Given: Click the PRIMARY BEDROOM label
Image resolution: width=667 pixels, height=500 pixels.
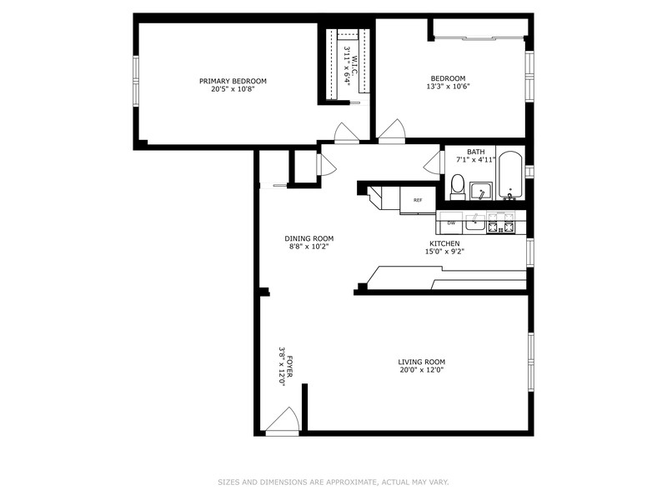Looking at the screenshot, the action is [233, 81].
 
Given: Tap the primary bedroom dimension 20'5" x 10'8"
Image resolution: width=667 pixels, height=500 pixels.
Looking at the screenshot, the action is [233, 90].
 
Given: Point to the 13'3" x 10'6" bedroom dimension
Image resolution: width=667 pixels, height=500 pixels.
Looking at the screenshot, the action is [448, 87].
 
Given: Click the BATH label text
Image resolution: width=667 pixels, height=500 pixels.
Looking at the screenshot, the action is [475, 152].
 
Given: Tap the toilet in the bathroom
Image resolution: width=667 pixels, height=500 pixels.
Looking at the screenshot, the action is [458, 187].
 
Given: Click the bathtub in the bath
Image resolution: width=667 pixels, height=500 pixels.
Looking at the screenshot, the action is [510, 176].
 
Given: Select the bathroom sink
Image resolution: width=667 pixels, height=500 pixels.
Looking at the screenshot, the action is [481, 191].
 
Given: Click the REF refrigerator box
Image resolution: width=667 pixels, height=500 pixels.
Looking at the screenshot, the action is [419, 200].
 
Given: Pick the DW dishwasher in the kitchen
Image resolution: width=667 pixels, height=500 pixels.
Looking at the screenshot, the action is [451, 222].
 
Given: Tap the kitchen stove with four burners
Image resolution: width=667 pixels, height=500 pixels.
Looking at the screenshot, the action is [501, 222].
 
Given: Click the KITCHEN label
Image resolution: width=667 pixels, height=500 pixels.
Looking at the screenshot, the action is [444, 243].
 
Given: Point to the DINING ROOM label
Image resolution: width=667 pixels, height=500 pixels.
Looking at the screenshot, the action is [308, 238].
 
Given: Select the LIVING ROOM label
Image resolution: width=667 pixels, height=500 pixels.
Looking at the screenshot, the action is [422, 362].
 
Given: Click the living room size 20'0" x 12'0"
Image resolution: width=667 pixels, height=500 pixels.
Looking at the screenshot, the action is [422, 370].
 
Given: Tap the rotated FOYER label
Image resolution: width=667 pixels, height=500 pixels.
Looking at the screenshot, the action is [289, 366].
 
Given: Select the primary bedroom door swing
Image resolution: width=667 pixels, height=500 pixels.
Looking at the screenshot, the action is [347, 132].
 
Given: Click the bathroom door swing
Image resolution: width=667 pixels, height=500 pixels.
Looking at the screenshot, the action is [433, 162].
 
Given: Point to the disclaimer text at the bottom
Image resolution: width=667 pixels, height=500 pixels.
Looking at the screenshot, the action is [333, 482].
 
